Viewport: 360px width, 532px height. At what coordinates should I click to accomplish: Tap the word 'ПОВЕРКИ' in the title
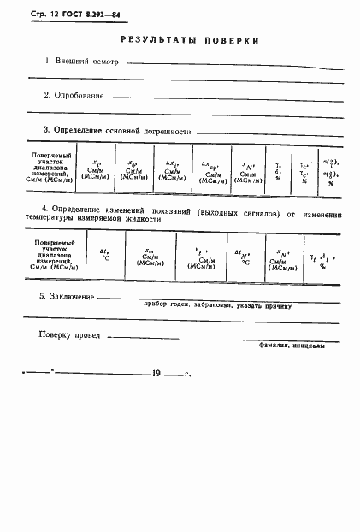tap(228, 40)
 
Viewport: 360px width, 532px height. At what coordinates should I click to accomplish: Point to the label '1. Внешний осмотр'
tap(81, 62)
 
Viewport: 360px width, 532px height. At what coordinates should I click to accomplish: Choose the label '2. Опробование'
tap(74, 95)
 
